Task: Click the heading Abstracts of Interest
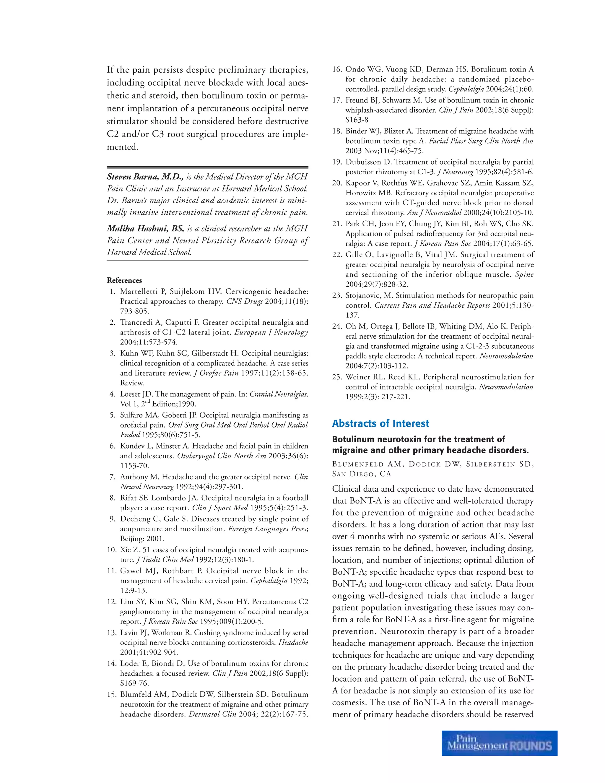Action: (380, 423)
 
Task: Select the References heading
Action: (124, 280)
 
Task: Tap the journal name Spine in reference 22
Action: (524, 274)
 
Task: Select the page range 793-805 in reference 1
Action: (134, 311)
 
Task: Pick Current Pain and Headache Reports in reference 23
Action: (432, 306)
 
